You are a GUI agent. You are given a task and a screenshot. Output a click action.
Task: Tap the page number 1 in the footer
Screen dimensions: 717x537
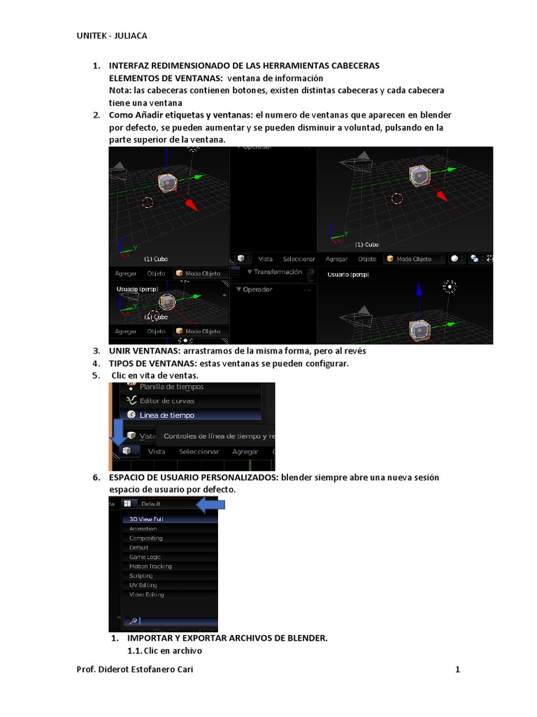(457, 669)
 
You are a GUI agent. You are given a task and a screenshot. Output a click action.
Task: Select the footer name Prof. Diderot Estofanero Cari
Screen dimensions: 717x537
(135, 669)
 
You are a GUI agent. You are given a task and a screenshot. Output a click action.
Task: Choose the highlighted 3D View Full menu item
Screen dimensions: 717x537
(147, 519)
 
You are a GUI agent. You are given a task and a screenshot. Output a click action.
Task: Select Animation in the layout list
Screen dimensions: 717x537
(143, 529)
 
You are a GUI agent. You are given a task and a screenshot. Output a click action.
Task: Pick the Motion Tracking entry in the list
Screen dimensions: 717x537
(150, 566)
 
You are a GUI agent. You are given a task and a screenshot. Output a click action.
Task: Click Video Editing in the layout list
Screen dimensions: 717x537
(147, 594)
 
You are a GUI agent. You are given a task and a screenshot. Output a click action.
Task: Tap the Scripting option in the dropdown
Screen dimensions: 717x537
(142, 576)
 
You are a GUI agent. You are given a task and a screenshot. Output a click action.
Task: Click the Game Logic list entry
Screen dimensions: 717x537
(145, 557)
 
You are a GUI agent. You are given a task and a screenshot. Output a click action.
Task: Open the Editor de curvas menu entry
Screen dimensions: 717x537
(167, 401)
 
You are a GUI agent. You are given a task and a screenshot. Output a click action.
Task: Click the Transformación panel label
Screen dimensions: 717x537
(278, 272)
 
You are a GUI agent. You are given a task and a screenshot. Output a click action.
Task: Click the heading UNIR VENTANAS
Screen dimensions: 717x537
(144, 351)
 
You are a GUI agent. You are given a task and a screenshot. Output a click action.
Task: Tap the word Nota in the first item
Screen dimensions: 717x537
(119, 90)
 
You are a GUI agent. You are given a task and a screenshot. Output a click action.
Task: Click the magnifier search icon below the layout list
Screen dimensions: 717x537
(131, 620)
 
